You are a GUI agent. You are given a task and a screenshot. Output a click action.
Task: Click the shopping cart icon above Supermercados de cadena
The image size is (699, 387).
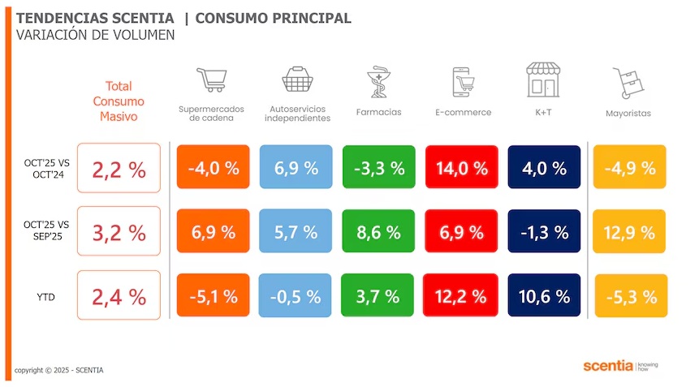(210, 80)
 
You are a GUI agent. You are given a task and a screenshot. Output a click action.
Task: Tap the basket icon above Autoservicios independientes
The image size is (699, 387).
(297, 80)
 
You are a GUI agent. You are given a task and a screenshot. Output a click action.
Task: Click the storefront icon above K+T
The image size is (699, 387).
(543, 80)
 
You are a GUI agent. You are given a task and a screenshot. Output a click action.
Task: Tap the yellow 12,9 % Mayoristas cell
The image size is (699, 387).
(630, 232)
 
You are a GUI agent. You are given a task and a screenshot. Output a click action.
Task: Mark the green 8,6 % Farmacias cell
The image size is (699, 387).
(378, 232)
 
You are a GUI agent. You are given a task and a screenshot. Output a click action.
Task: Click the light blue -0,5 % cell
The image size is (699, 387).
(296, 296)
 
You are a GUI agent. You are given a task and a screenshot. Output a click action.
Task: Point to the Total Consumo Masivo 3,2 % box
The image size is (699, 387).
(119, 232)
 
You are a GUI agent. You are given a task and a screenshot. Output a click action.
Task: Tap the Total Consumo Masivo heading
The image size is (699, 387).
(119, 101)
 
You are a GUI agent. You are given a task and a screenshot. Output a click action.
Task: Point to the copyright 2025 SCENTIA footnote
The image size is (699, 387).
(59, 371)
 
